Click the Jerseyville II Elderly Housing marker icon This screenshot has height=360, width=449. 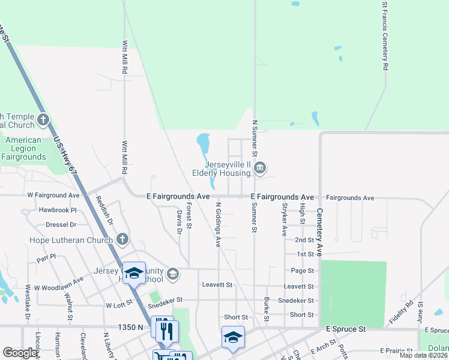[x=260, y=167]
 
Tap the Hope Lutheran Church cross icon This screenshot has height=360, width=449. [x=122, y=239]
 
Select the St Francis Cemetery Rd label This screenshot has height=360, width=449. [x=385, y=36]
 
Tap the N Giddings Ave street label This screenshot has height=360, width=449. [x=218, y=224]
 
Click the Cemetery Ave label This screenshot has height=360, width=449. [x=320, y=233]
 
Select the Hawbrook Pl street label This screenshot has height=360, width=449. [x=58, y=211]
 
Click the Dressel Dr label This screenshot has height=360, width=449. [x=61, y=225]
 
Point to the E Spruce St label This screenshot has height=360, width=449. [x=346, y=329]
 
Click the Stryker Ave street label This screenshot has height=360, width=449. [x=284, y=219]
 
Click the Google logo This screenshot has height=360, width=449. [x=20, y=353]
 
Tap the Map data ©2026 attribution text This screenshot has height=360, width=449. [x=423, y=355]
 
